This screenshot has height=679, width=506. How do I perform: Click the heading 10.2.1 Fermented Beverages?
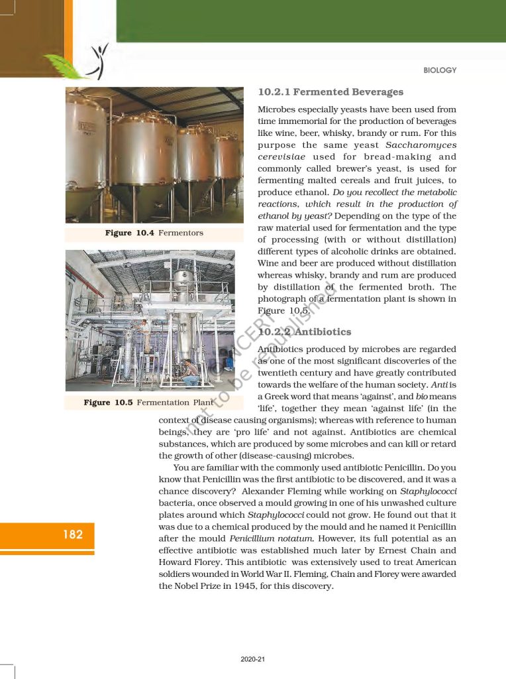pyautogui.click(x=330, y=92)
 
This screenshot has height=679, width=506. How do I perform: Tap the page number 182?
pyautogui.click(x=73, y=534)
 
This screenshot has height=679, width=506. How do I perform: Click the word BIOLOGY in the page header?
pyautogui.click(x=440, y=70)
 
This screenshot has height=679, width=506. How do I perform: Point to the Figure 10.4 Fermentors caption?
pyautogui.click(x=154, y=233)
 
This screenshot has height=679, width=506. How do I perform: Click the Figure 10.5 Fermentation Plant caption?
pyautogui.click(x=149, y=402)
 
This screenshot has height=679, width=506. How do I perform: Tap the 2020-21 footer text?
pyautogui.click(x=253, y=659)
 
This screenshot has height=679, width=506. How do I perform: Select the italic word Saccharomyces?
pyautogui.click(x=421, y=145)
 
